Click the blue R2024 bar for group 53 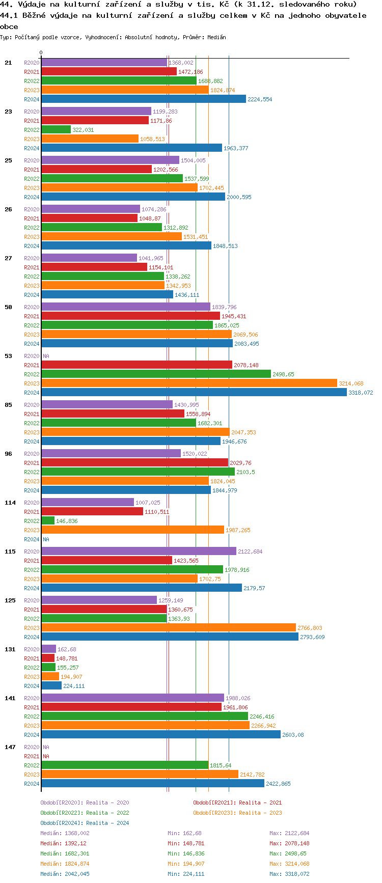(x=194, y=393)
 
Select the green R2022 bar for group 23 (x=56, y=130)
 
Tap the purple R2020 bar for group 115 (x=139, y=551)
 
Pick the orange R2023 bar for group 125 (x=168, y=628)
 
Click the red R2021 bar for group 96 (x=134, y=463)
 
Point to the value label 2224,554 (x=260, y=99)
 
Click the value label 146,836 (x=67, y=521)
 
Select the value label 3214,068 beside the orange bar (x=351, y=383)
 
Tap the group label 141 (x=10, y=698)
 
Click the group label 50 (x=8, y=307)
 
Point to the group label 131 (x=10, y=649)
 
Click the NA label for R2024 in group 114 (x=46, y=539)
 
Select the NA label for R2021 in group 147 (x=46, y=756)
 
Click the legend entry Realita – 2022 (x=85, y=813)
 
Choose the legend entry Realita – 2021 (x=237, y=803)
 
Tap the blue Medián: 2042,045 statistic (x=65, y=874)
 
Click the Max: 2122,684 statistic (x=289, y=833)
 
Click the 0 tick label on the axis (x=41, y=52)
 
